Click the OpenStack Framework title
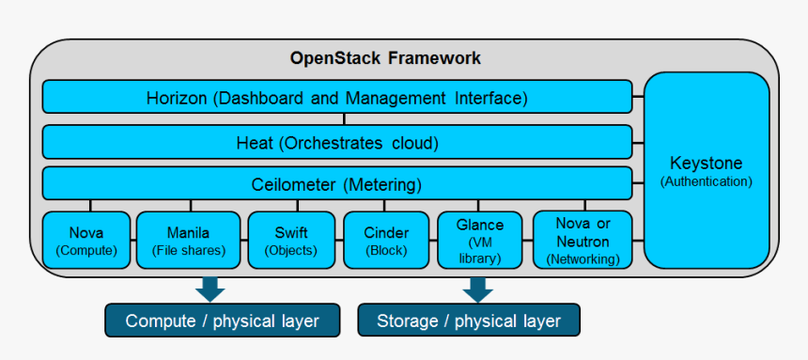[385, 58]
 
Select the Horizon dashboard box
[336, 97]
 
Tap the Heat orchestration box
[336, 143]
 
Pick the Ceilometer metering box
[336, 183]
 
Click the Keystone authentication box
[706, 169]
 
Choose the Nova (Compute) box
[85, 241]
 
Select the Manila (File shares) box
[188, 241]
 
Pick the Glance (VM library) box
[480, 241]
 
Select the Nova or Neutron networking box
[582, 241]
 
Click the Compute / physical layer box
[222, 321]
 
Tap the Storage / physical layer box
[468, 321]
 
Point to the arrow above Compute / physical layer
[210, 288]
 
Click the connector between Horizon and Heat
[345, 119]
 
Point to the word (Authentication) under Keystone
[706, 180]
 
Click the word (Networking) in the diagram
[582, 258]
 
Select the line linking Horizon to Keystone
[638, 96]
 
